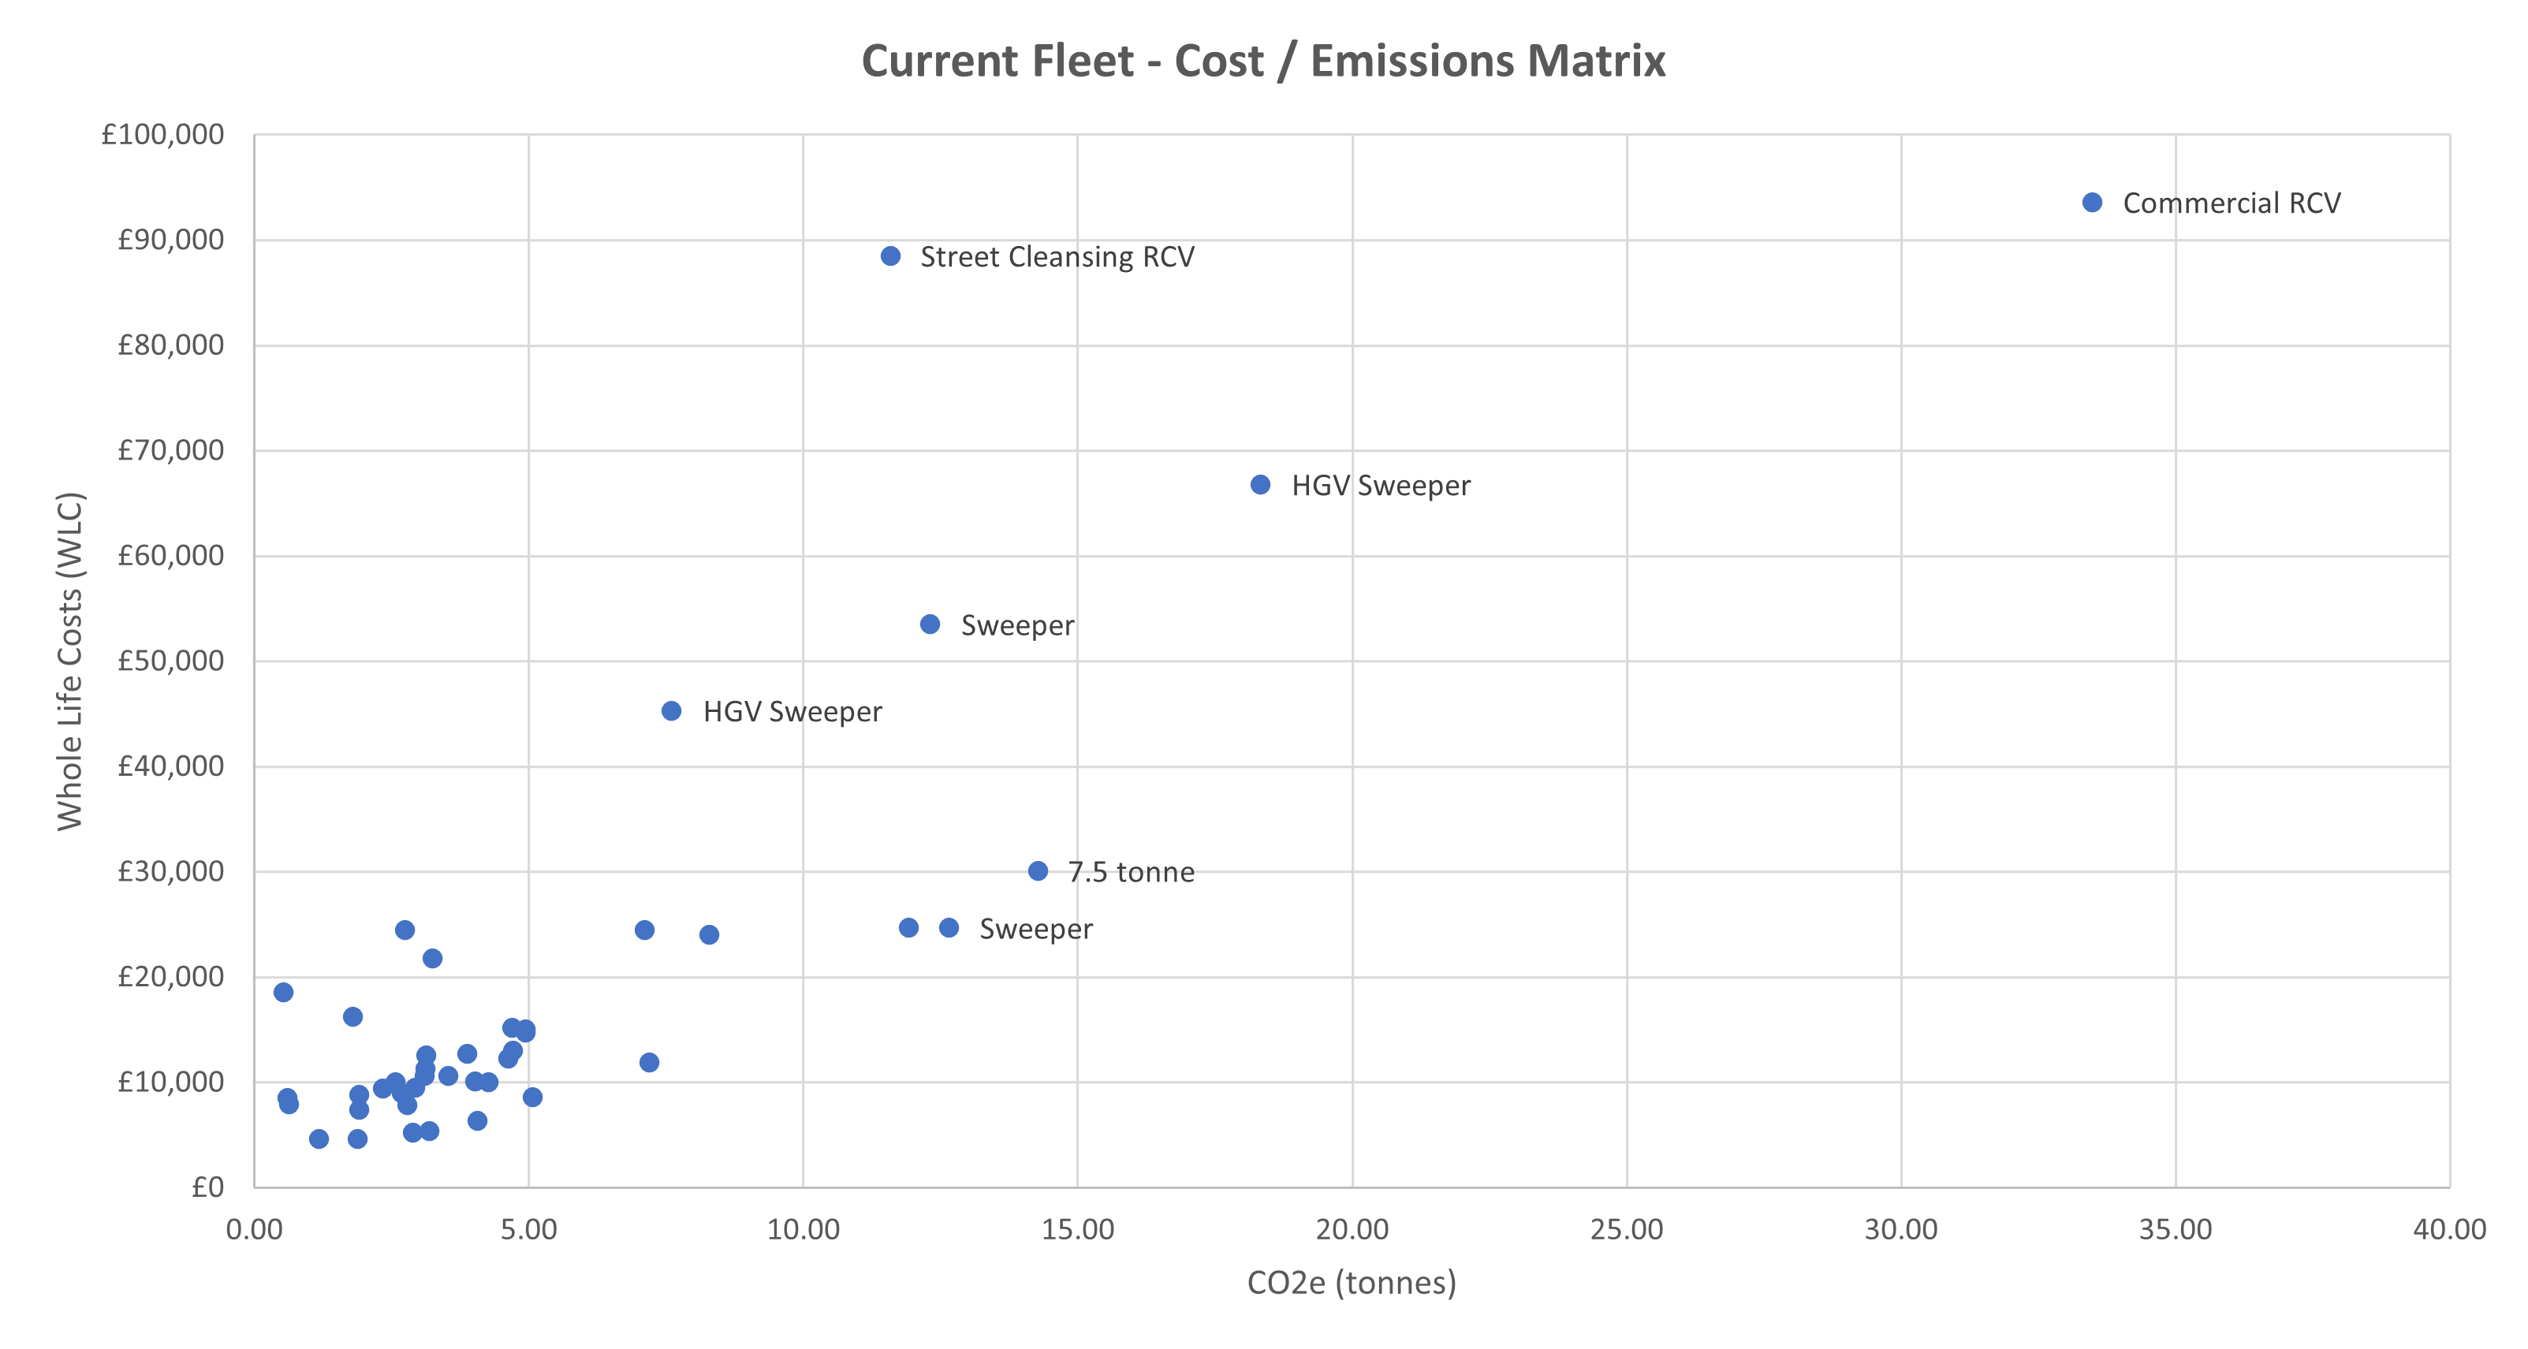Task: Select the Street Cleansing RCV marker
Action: click(890, 256)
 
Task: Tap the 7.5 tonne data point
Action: click(1038, 871)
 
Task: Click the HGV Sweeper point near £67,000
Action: click(1260, 485)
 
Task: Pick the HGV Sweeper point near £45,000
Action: click(671, 711)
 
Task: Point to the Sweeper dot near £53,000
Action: click(930, 625)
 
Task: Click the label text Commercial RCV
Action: click(2231, 203)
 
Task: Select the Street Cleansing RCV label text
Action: click(1057, 257)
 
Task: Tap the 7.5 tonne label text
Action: click(1131, 872)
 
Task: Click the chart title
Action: click(1263, 61)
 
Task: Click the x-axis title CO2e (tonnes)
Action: click(1352, 1282)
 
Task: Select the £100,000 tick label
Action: click(163, 134)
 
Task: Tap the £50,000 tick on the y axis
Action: click(171, 661)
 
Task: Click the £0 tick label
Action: click(208, 1187)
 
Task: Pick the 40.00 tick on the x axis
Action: click(2449, 1229)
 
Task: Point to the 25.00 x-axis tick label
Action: click(1626, 1229)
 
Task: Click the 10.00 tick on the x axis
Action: click(803, 1229)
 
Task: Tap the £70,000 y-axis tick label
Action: click(171, 450)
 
